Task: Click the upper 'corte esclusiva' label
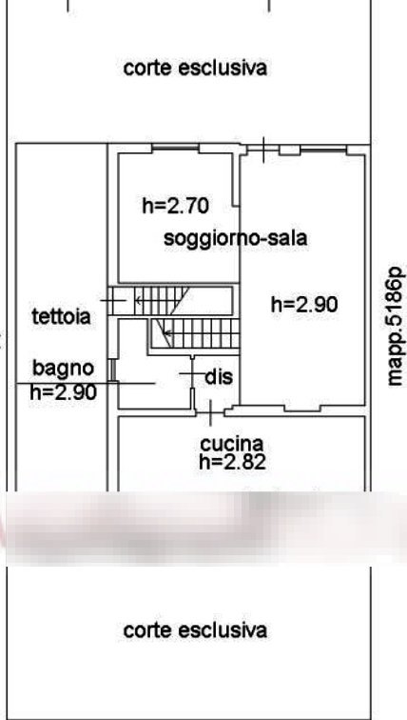195,68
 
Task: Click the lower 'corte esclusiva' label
195,630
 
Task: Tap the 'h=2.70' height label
176,206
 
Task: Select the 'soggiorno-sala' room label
235,239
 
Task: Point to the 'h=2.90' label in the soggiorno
305,304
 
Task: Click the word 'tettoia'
62,316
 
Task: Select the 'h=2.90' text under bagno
64,392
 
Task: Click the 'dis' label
219,377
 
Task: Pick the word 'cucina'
232,444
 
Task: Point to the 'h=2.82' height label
232,462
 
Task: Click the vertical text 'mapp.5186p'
395,327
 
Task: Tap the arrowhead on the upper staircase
138,301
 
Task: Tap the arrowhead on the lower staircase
166,333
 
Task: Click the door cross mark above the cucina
210,412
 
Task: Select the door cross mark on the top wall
263,150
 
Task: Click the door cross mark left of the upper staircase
113,301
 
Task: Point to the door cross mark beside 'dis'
192,373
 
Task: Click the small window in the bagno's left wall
111,370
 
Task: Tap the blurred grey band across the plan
203,528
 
